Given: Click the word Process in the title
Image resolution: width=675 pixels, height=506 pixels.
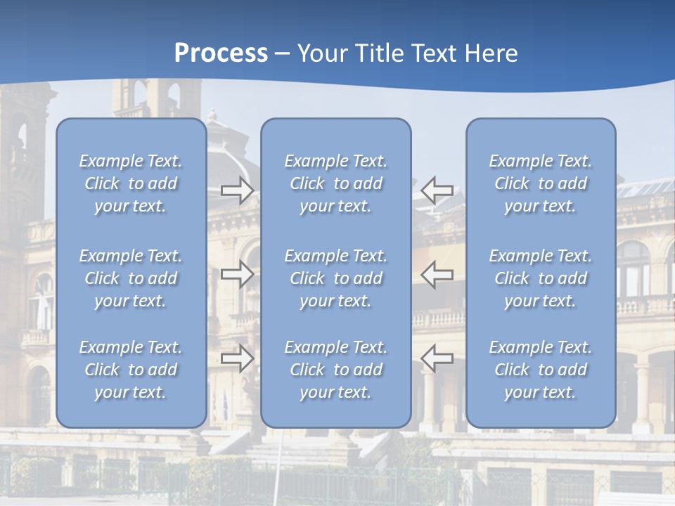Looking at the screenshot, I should [x=221, y=53].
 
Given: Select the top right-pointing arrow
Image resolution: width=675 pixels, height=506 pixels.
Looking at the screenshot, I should [x=238, y=190].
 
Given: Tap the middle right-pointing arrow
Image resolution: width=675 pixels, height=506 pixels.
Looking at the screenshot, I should [x=238, y=274].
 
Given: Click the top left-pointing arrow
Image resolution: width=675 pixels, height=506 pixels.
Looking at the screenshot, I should [x=437, y=190].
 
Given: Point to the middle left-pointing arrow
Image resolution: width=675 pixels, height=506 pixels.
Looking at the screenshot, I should [x=437, y=274].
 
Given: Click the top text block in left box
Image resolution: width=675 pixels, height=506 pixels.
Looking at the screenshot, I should [x=131, y=183].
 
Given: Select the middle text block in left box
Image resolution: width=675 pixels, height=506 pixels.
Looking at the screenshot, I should [x=131, y=278].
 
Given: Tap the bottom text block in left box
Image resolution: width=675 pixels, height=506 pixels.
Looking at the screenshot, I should [x=131, y=370].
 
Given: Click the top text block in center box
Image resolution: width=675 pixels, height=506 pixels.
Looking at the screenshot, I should [x=335, y=183].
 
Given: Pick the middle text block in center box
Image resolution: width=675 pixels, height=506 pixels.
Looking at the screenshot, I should [x=335, y=278].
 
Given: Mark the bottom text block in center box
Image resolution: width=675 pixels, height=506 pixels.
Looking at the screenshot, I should [x=335, y=370].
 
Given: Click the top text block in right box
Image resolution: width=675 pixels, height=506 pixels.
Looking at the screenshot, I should [x=540, y=183].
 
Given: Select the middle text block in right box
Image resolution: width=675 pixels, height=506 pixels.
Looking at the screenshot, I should [x=540, y=278].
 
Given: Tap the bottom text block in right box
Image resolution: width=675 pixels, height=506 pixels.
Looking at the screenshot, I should [x=540, y=370].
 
